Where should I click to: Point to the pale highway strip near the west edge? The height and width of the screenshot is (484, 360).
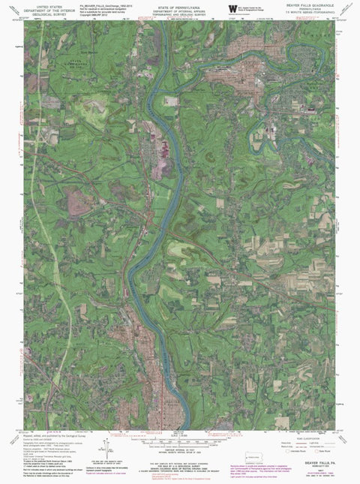39,225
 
